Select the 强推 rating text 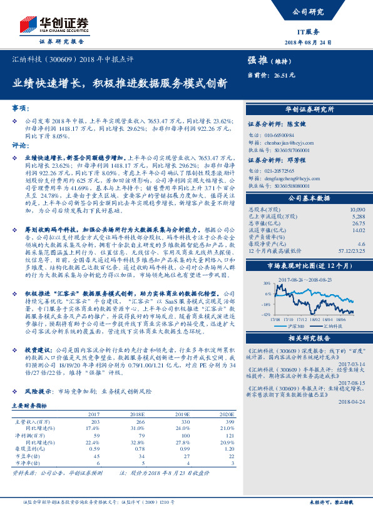[x=258, y=61]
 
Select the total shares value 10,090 [x=357, y=208]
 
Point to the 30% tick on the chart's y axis [x=267, y=283]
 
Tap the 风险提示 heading [x=39, y=391]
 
